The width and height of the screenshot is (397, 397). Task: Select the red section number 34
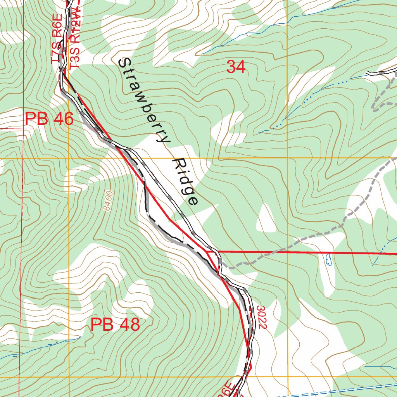pyautogui.click(x=236, y=67)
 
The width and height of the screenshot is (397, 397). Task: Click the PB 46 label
pyautogui.click(x=49, y=119)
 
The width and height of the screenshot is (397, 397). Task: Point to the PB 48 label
pyautogui.click(x=115, y=325)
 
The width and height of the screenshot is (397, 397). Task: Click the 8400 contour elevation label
pyautogui.click(x=108, y=200)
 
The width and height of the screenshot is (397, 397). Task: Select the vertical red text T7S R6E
pyautogui.click(x=57, y=39)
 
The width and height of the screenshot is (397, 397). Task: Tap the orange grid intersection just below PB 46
pyautogui.click(x=69, y=159)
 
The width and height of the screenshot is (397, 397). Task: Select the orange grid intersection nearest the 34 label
pyautogui.click(x=287, y=159)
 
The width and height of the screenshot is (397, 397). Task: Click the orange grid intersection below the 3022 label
pyautogui.click(x=287, y=376)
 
